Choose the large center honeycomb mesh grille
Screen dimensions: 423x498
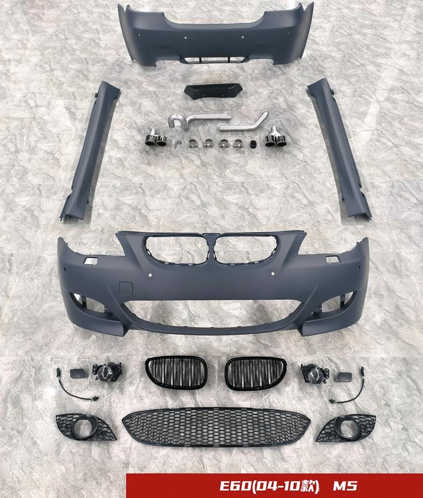[x=216, y=427]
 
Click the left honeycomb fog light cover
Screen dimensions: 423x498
[x=85, y=428]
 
